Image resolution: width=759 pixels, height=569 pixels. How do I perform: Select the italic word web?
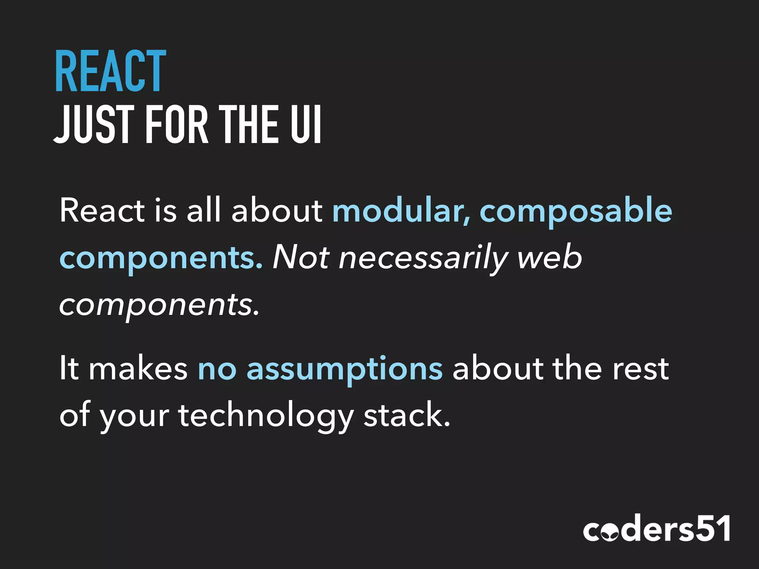(550, 257)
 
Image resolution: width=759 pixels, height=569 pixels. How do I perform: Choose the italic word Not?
(301, 257)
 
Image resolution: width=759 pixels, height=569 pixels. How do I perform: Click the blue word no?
(217, 369)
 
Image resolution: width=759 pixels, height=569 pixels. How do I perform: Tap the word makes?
(138, 368)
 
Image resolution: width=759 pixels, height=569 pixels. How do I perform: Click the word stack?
(407, 415)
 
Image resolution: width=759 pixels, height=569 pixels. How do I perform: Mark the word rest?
(640, 368)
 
